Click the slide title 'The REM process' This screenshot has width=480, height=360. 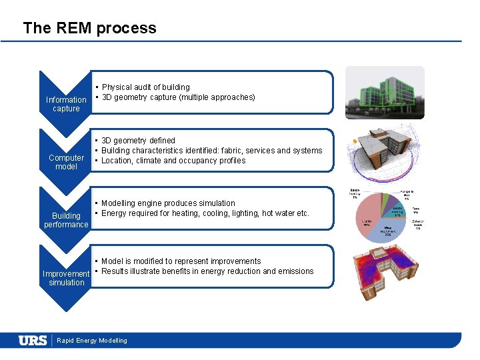coord(89,28)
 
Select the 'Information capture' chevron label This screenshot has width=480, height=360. coord(66,104)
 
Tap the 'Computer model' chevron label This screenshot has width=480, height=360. coord(66,162)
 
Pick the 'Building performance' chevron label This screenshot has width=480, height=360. coord(66,220)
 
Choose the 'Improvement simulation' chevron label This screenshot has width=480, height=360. coord(66,278)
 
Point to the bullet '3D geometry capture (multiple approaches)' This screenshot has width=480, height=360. coord(178,97)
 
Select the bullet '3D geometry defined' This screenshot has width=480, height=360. coord(138,141)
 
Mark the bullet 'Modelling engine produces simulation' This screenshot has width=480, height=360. coord(168,203)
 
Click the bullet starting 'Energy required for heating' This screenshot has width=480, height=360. coord(205,213)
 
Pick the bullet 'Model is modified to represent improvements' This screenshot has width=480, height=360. coord(181,261)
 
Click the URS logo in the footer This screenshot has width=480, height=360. coord(33,341)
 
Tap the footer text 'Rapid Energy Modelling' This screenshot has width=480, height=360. coord(92,341)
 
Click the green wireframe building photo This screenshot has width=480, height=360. coord(385,93)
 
